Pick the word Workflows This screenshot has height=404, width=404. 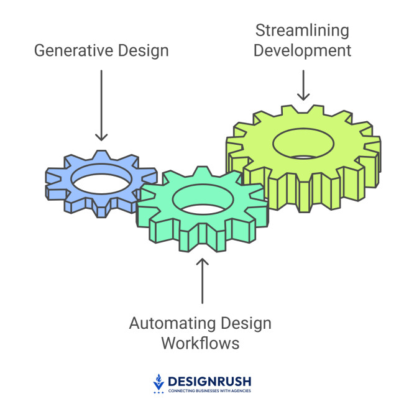(200, 343)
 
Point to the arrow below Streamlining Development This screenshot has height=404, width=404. (303, 85)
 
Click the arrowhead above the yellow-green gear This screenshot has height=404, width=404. (303, 96)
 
